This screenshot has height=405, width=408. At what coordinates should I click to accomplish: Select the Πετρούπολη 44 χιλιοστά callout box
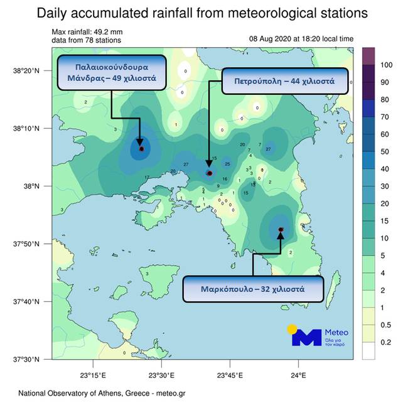tap(284, 82)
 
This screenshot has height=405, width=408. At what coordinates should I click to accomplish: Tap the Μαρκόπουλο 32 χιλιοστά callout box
tap(253, 289)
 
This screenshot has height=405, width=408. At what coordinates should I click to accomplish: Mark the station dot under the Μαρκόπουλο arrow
tap(281, 230)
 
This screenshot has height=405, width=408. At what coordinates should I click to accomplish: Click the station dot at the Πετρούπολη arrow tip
tap(210, 173)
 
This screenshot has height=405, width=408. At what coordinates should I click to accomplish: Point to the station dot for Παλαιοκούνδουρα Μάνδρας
tap(142, 149)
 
